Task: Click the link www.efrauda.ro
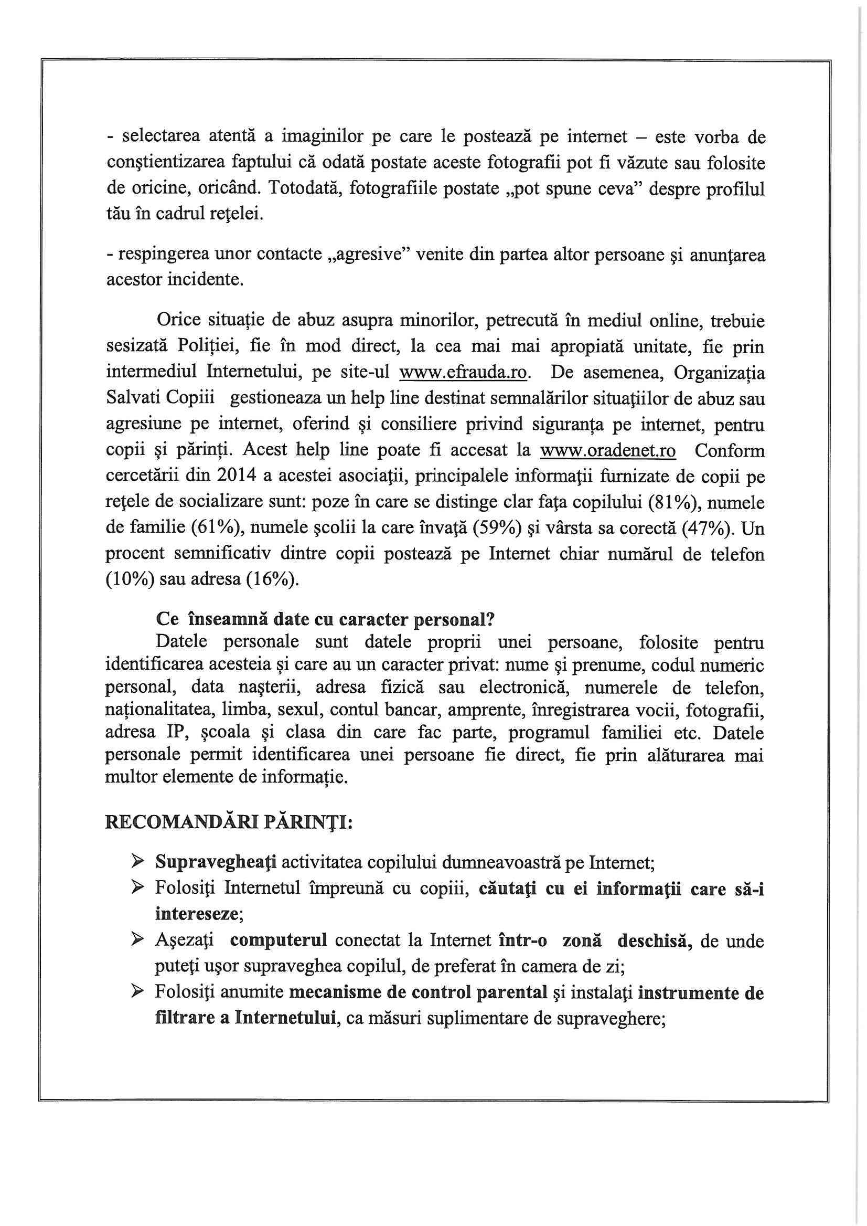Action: [x=464, y=373]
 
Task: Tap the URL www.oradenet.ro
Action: [x=608, y=451]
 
